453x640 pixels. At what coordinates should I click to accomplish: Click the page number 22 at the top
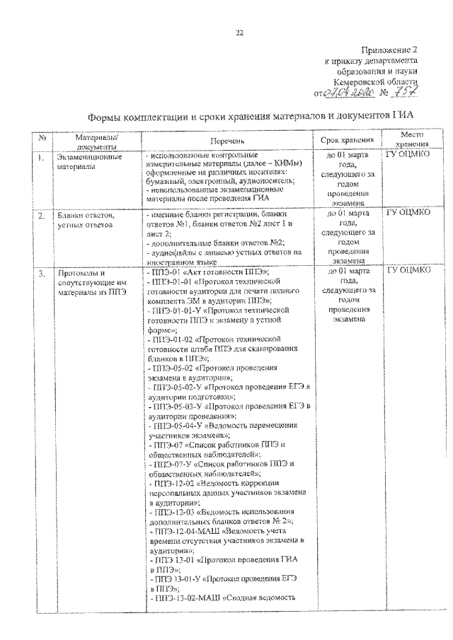coord(239,33)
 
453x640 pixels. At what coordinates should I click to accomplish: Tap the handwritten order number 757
coord(404,93)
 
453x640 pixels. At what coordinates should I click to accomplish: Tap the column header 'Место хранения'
coord(411,139)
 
